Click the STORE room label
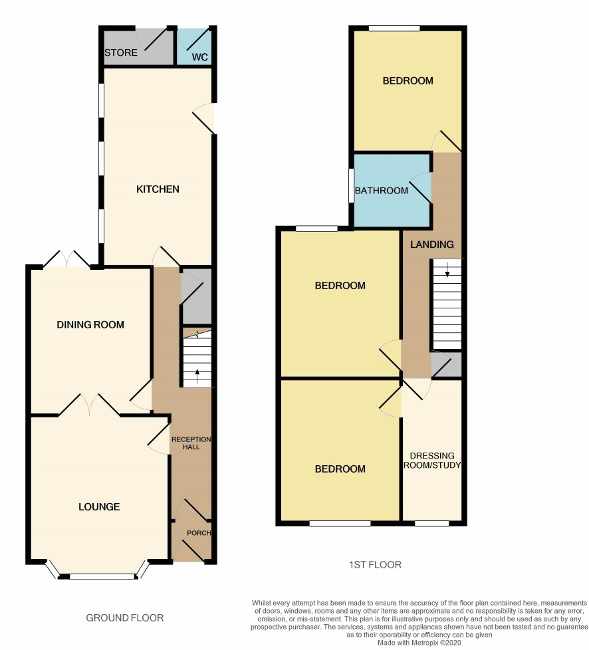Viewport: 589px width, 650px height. point(121,53)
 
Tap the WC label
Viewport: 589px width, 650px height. point(199,56)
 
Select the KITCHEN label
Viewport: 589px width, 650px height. point(158,189)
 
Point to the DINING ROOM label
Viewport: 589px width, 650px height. point(90,324)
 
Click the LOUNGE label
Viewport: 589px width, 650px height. point(99,506)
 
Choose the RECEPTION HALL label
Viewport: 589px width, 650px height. point(191,443)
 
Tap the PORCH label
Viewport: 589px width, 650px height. point(199,532)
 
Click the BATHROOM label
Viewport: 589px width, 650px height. point(381,191)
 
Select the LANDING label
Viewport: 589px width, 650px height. point(432,245)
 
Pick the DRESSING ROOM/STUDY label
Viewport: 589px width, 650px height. point(432,460)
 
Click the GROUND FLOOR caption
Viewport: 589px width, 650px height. point(125,618)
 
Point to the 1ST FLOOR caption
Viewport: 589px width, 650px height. point(375,565)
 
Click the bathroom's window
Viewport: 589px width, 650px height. point(351,185)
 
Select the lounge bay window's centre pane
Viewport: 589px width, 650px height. point(102,576)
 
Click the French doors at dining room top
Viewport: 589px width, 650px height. point(66,259)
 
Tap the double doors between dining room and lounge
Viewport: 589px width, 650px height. point(89,405)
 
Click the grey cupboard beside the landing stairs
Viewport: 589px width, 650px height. point(446,364)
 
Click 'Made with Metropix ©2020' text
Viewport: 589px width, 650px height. point(419,643)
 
